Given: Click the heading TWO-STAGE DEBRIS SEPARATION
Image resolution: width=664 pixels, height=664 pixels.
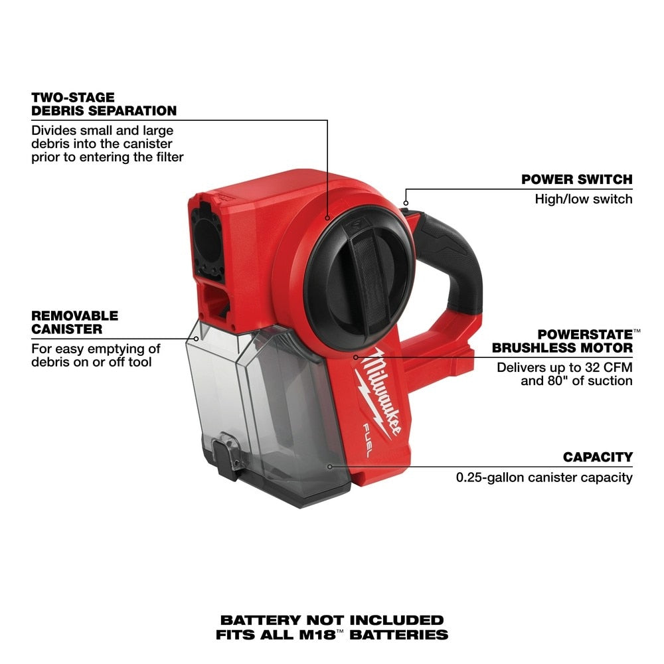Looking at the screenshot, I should coord(104,104).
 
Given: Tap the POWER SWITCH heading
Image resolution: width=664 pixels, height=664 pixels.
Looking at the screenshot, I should coord(576,179).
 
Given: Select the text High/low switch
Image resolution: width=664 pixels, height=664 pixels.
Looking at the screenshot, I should coord(584,199).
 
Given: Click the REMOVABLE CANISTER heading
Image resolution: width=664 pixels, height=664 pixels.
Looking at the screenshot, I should coord(74,321).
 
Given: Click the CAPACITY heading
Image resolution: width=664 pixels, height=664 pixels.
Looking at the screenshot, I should coord(598,457).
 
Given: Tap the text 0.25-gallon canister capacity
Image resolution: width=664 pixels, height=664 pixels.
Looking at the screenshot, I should coord(544,477).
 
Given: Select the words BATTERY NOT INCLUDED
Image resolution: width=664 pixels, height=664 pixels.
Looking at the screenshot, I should coord(332,620).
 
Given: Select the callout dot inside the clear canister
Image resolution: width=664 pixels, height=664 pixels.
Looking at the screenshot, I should coord(330,466).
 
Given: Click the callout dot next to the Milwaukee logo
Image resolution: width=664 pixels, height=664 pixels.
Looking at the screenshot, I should coord(355,356).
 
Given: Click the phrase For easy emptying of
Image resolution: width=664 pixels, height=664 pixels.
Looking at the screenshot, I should coord(96,348).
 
